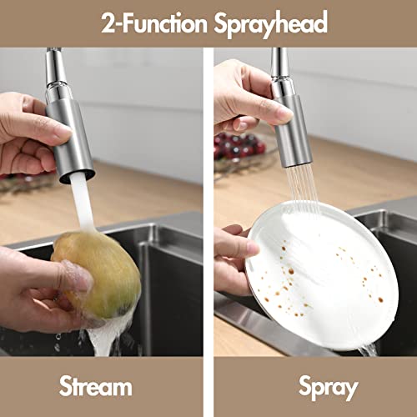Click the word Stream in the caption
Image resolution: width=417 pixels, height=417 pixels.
(95, 387)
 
